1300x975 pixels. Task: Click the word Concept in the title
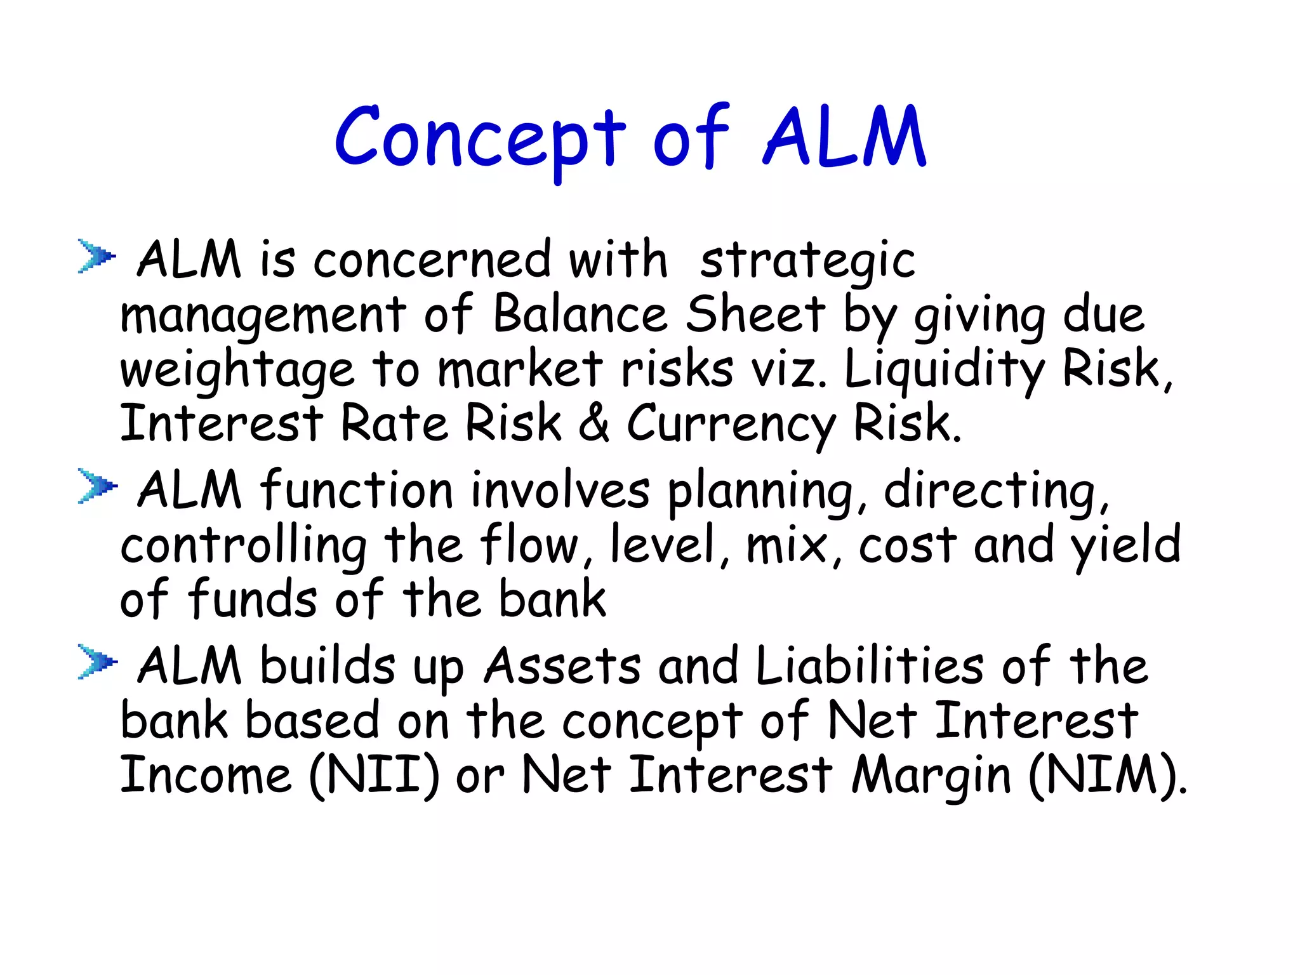pos(480,138)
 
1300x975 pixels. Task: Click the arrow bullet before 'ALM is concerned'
pos(96,256)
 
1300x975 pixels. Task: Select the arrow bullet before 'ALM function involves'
pos(96,486)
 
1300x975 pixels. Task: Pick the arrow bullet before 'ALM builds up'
pos(96,662)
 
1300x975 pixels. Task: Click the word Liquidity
pos(944,370)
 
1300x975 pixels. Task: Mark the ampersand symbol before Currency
pos(594,424)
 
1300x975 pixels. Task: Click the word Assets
pos(562,667)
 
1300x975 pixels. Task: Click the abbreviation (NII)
pos(374,776)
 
